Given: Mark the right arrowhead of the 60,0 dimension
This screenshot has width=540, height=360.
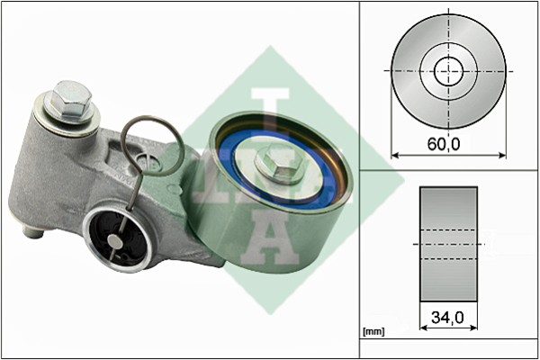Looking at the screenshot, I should click(x=503, y=156).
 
